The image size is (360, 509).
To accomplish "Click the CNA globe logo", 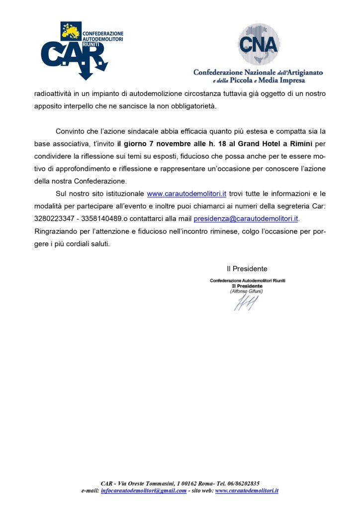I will (x=258, y=44).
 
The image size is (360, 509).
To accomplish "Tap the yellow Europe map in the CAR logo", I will (x=70, y=31).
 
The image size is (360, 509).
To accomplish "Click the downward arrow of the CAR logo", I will (x=85, y=72).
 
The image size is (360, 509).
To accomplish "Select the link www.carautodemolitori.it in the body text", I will (x=186, y=194).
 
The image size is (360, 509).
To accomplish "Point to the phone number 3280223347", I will (x=54, y=218).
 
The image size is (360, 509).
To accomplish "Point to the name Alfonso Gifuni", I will (x=247, y=291).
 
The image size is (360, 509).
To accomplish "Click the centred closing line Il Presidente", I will (x=247, y=269).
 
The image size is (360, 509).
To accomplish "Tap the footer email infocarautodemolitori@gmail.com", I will (x=144, y=491).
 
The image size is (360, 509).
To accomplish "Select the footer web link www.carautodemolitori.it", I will (x=247, y=491).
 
